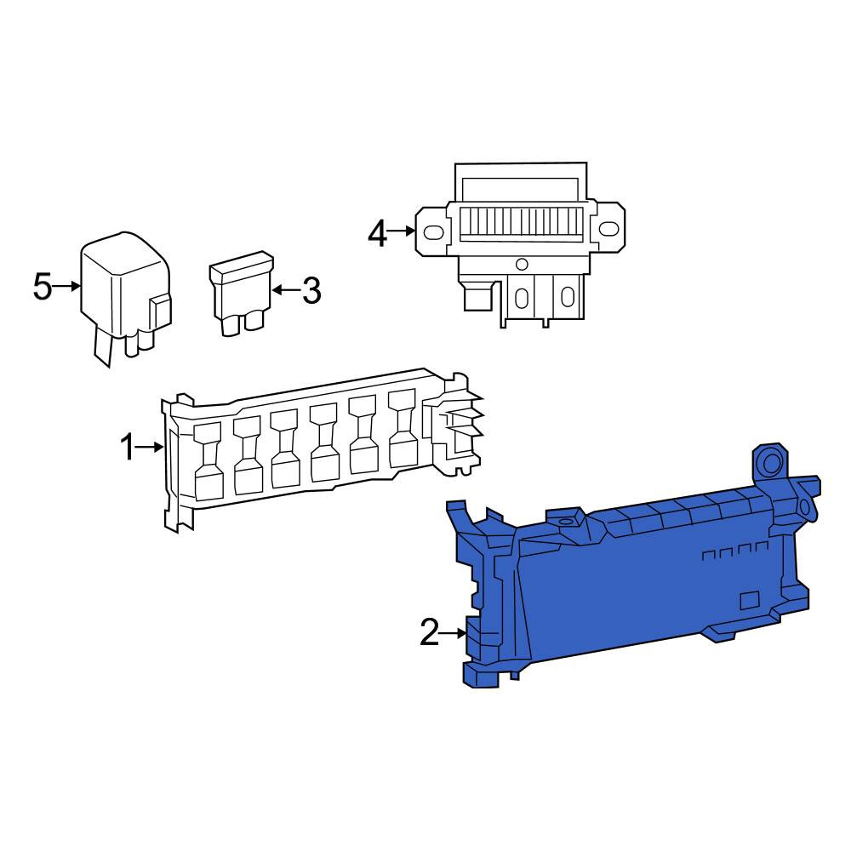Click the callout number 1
point(127,448)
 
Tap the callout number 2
point(429,632)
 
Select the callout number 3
point(311,290)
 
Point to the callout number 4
point(378,235)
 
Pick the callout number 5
point(43,286)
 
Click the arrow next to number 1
point(149,448)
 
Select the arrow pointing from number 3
point(285,290)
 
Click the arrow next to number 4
point(403,231)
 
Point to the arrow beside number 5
point(67,286)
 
